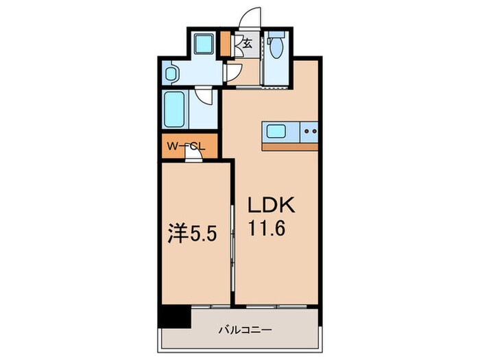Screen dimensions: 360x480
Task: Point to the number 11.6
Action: (x=268, y=230)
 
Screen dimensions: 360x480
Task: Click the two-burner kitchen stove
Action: (x=309, y=130)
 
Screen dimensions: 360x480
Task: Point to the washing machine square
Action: (x=203, y=45)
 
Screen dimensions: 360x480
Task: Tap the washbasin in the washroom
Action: (x=171, y=72)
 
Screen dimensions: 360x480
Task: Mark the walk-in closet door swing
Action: (x=196, y=155)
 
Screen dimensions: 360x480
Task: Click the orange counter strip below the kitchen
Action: (x=290, y=145)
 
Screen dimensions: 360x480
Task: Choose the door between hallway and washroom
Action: (x=230, y=72)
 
